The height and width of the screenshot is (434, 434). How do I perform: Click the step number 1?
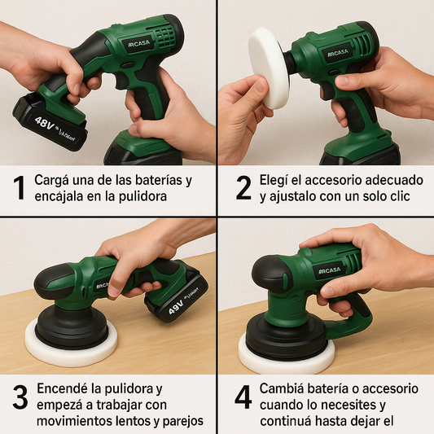(x=19, y=187)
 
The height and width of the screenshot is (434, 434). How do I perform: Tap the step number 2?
(x=243, y=187)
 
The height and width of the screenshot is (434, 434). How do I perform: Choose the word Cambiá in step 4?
(x=285, y=388)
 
